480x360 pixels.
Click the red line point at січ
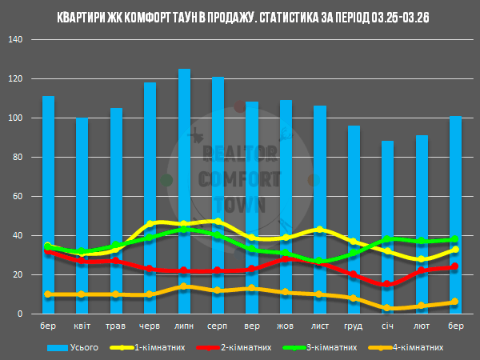[388, 284]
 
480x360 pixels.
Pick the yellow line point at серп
[218, 222]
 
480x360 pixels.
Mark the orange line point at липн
[184, 286]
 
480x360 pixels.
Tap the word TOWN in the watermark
[240, 204]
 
